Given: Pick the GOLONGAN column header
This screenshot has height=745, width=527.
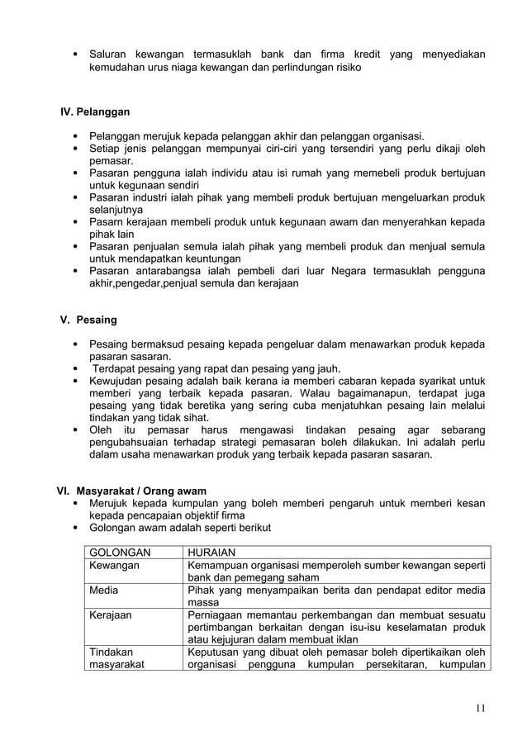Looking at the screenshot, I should tap(120, 553).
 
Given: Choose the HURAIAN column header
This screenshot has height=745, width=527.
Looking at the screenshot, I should tap(212, 553).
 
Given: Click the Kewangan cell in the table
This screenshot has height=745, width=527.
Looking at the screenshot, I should tap(114, 566).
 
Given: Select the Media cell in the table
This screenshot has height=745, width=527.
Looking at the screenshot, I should tap(104, 591).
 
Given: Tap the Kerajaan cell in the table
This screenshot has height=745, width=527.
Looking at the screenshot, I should tap(111, 615).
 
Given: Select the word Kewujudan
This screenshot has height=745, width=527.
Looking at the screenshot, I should tap(118, 381).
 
